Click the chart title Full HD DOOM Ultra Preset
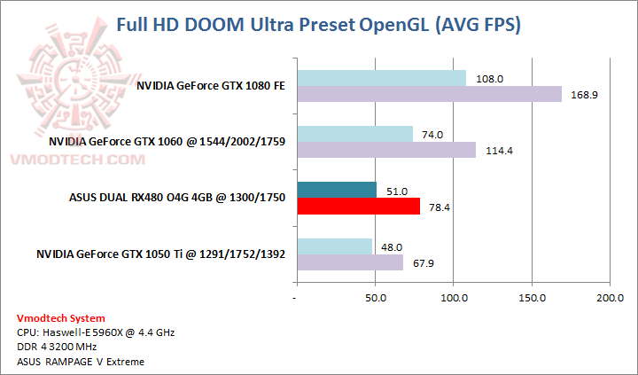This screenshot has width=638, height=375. (319, 26)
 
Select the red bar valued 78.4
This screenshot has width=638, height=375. (358, 207)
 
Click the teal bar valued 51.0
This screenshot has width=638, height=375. (337, 190)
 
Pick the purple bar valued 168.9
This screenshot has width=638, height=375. (429, 94)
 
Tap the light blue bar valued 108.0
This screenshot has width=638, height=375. (381, 78)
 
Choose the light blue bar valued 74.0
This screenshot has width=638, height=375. (354, 134)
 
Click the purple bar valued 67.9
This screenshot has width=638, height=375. (350, 262)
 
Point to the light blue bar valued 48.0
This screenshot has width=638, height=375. (334, 246)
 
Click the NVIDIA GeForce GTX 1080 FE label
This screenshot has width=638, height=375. (211, 86)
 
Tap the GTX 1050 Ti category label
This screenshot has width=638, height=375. (160, 254)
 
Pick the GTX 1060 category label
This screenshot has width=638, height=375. (167, 142)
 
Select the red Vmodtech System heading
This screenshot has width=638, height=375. (60, 318)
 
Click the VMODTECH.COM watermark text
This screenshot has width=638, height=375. (74, 160)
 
